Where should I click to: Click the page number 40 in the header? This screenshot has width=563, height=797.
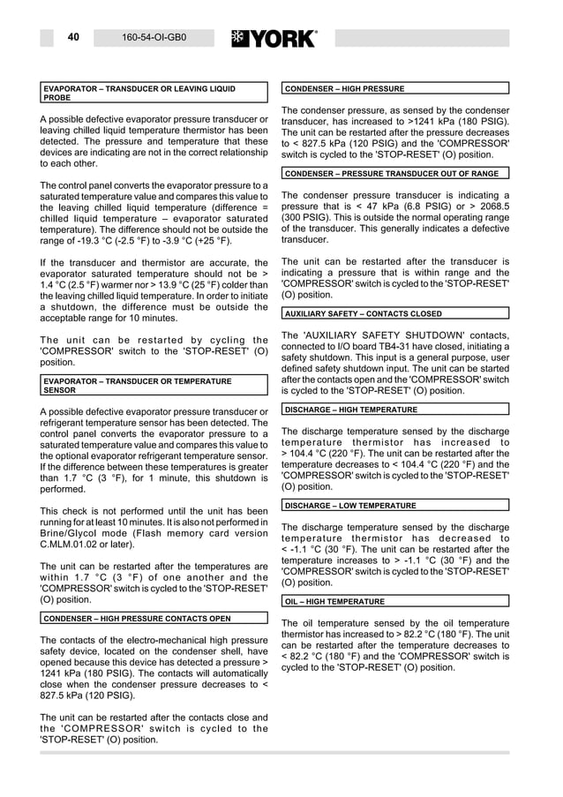pos(73,37)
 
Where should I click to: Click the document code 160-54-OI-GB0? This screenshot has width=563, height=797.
pos(154,38)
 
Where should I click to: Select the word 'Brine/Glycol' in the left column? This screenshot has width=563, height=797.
pos(69,533)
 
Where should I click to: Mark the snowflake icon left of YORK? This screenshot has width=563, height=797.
pos(239,38)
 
